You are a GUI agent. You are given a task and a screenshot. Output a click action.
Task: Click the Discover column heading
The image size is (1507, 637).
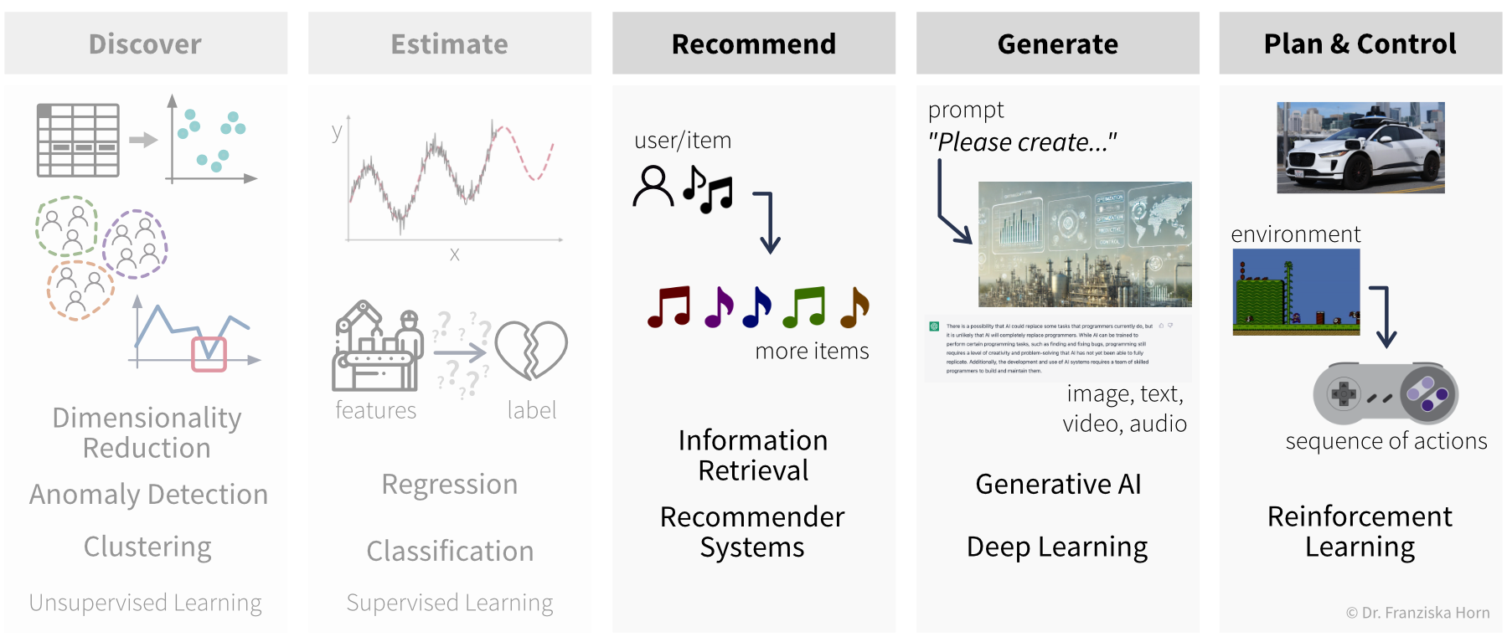145,44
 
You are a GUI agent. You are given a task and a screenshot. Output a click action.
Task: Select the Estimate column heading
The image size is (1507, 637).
449,44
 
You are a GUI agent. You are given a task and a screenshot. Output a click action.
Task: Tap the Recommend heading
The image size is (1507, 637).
753,44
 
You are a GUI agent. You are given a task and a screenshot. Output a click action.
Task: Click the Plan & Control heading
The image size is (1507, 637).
1360,44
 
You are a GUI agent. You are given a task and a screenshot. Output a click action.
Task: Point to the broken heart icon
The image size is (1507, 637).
531,349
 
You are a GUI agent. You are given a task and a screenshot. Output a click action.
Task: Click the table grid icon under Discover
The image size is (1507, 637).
78,140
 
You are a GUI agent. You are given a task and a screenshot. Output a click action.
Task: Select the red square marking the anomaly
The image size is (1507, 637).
209,354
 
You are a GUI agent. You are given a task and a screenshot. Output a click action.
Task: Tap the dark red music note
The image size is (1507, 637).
668,306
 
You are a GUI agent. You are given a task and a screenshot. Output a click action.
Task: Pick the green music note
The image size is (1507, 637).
803,306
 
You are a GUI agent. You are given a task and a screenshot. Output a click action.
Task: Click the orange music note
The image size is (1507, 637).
854,306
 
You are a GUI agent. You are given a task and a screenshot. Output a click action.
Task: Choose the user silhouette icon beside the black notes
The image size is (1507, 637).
653,186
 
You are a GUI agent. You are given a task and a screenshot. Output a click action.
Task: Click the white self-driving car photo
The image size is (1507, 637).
1360,147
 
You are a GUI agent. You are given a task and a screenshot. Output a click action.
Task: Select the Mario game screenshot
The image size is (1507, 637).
1296,292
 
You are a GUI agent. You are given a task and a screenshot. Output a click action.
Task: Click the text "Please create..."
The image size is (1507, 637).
1022,142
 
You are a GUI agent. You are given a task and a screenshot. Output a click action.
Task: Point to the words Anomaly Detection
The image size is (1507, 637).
148,495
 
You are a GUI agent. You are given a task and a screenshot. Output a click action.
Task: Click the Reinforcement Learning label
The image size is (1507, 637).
1360,531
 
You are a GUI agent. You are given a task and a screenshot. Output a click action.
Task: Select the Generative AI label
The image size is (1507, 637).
1058,484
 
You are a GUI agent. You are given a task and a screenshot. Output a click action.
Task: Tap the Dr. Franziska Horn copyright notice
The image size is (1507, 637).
1417,613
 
